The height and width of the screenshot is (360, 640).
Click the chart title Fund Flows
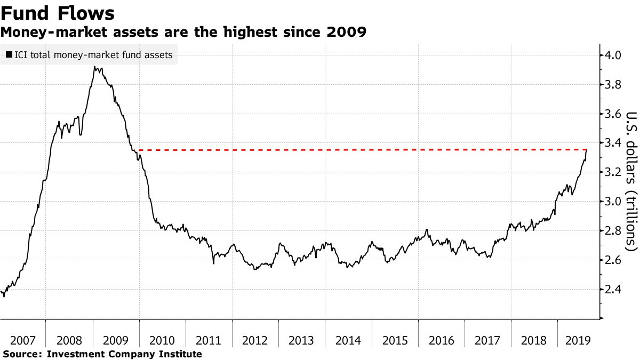58,12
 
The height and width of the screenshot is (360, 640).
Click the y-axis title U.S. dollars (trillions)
631,181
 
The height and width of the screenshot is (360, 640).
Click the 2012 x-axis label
255,340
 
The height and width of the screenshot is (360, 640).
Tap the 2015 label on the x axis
395,340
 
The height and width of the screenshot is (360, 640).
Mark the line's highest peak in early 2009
94,67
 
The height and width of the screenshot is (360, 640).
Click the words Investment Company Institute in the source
125,354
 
